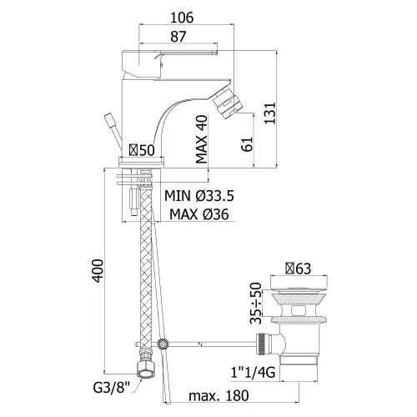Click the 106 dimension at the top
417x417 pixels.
pos(182,18)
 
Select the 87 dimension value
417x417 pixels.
pos(178,37)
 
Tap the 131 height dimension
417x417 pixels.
pos(269,113)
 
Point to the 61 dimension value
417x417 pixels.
pos(247,144)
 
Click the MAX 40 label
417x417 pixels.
pos(202,139)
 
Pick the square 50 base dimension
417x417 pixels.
pos(142,150)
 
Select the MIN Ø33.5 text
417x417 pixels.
pos(199,196)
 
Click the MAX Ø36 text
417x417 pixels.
pos(199,214)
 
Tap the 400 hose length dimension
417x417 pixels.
pos(98,271)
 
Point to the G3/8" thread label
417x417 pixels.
pos(112,388)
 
